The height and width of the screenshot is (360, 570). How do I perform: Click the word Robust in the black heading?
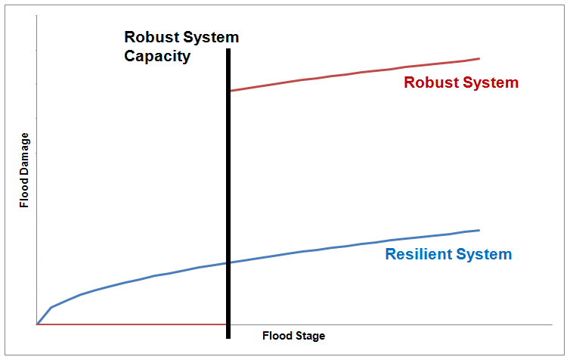[x=151, y=37]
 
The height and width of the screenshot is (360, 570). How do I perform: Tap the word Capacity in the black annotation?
[x=157, y=57]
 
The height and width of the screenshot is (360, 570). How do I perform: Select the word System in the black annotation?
[x=210, y=38]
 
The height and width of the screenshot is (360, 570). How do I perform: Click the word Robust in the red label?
[x=431, y=82]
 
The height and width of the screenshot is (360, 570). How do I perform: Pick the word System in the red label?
[x=491, y=83]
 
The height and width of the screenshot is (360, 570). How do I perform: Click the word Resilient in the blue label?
[x=418, y=254]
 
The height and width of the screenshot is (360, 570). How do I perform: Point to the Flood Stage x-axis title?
[x=294, y=336]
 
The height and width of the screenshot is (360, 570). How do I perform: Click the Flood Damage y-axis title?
[x=24, y=170]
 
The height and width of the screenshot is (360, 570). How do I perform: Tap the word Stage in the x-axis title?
[x=309, y=336]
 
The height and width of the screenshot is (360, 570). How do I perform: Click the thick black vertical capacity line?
[x=228, y=194]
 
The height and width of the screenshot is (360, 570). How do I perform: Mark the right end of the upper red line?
[x=479, y=58]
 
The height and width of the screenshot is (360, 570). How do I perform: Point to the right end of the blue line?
[x=479, y=230]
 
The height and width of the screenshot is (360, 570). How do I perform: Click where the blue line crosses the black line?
[x=228, y=262]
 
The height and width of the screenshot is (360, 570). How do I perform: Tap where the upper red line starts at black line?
[x=231, y=91]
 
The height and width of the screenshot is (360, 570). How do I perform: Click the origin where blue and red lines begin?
[x=37, y=324]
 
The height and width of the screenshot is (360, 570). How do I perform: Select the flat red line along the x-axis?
[x=132, y=324]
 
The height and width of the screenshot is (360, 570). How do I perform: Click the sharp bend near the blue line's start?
[x=51, y=308]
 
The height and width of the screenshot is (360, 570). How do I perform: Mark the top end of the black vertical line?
[x=228, y=49]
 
